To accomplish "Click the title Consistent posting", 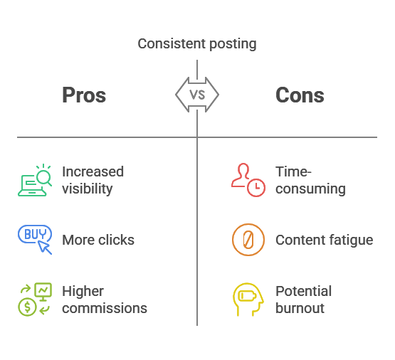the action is click(x=197, y=44).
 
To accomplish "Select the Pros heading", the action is click(x=84, y=95).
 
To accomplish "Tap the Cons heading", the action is click(x=300, y=95).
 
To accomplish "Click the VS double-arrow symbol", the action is click(x=197, y=95).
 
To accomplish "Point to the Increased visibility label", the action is click(x=93, y=180).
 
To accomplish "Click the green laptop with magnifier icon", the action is click(x=35, y=180).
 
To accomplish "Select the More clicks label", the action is click(x=98, y=240).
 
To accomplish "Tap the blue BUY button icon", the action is click(x=35, y=234).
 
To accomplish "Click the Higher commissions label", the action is click(x=105, y=300).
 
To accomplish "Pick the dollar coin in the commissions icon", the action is click(x=27, y=307).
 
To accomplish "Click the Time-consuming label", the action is click(x=310, y=180).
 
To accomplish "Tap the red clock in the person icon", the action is click(x=256, y=188).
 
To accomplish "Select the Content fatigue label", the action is click(x=325, y=240).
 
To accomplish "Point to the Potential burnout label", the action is click(x=304, y=300).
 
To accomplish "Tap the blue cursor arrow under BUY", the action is click(x=44, y=247).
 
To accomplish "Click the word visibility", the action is click(x=87, y=189).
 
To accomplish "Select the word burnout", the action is click(x=300, y=308).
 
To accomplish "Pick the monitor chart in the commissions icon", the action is click(x=43, y=292).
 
